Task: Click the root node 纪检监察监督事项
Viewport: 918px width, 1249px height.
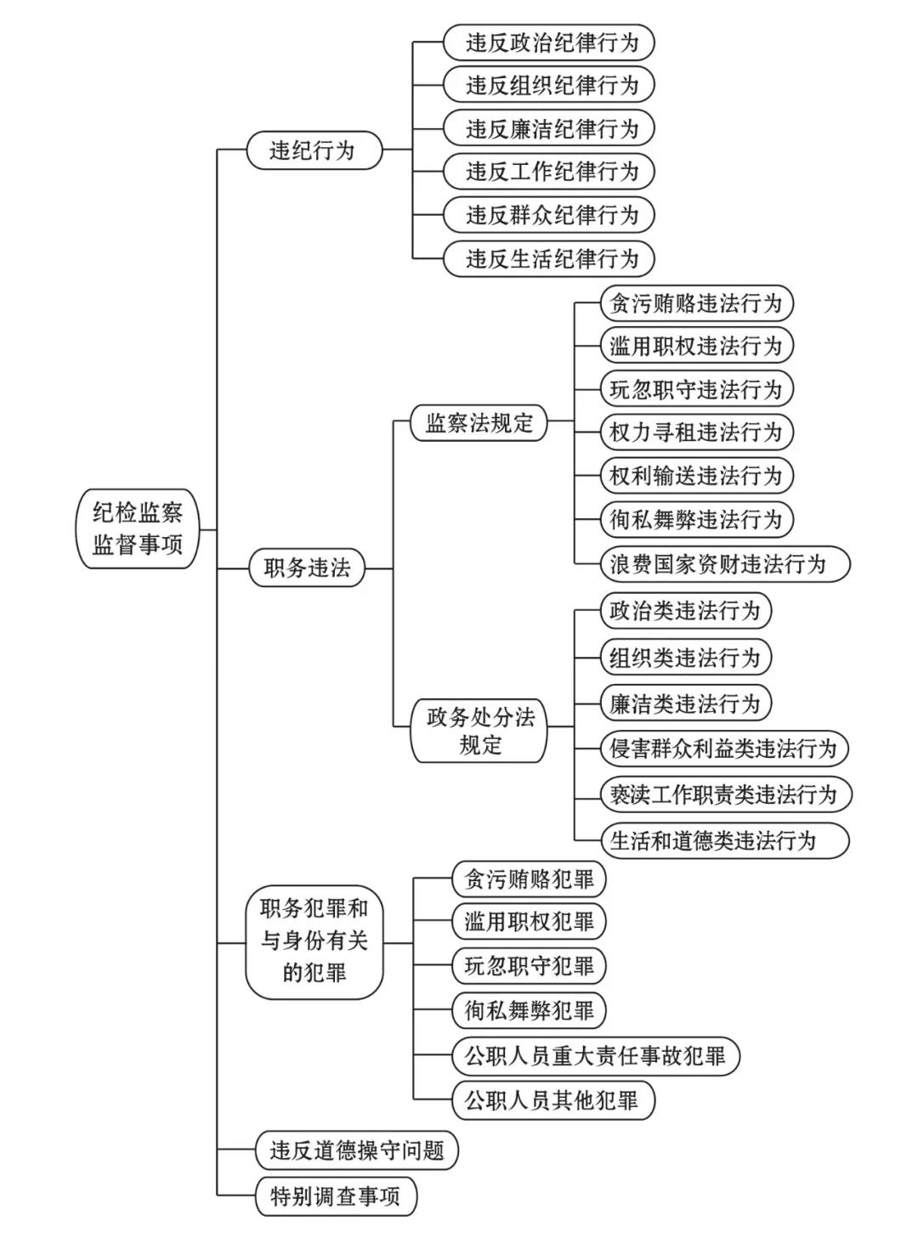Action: pyautogui.click(x=138, y=528)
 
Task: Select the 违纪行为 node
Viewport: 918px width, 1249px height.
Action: pyautogui.click(x=313, y=151)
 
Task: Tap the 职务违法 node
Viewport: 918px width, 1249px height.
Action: pyautogui.click(x=307, y=568)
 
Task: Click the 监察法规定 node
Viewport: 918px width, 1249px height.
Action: pyautogui.click(x=479, y=423)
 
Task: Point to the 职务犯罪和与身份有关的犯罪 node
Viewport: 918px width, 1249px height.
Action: pyautogui.click(x=314, y=941)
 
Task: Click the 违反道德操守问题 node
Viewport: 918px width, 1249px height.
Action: pyautogui.click(x=357, y=1150)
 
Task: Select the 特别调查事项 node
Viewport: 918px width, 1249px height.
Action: pyautogui.click(x=336, y=1196)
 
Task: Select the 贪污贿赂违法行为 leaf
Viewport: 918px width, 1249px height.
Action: pyautogui.click(x=695, y=303)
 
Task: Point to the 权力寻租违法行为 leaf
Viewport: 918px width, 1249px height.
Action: pyautogui.click(x=695, y=432)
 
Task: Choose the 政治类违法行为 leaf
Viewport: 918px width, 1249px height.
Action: pyautogui.click(x=684, y=611)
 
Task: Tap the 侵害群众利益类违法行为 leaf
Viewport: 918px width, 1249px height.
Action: pyautogui.click(x=723, y=749)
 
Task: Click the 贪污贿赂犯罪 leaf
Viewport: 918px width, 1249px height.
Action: pyautogui.click(x=529, y=879)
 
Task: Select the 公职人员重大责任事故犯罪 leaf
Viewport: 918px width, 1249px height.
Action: pyautogui.click(x=595, y=1056)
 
